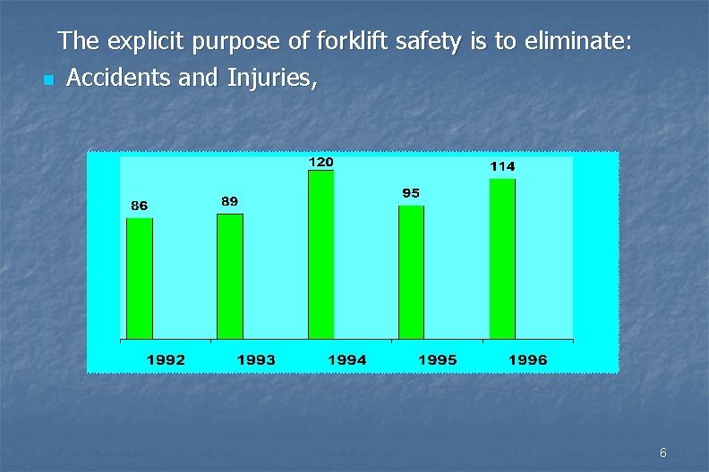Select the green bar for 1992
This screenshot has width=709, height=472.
[140, 278]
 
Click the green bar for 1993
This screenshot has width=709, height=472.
[230, 276]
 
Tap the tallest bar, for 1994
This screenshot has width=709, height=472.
[320, 255]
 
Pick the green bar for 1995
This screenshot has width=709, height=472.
[411, 272]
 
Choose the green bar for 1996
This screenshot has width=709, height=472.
[502, 258]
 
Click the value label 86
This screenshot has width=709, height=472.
[139, 206]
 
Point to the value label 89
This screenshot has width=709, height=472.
[230, 201]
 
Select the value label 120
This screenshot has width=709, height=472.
[320, 162]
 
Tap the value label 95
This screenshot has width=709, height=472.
[411, 193]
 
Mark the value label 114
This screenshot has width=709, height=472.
[502, 166]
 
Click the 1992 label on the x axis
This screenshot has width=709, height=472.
[167, 359]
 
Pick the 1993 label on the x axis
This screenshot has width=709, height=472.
[256, 359]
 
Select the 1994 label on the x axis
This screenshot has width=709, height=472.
[347, 359]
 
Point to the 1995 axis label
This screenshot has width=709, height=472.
[438, 359]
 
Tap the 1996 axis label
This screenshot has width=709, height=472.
[528, 359]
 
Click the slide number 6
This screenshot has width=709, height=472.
[662, 453]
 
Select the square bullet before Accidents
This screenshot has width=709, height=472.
[47, 81]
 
